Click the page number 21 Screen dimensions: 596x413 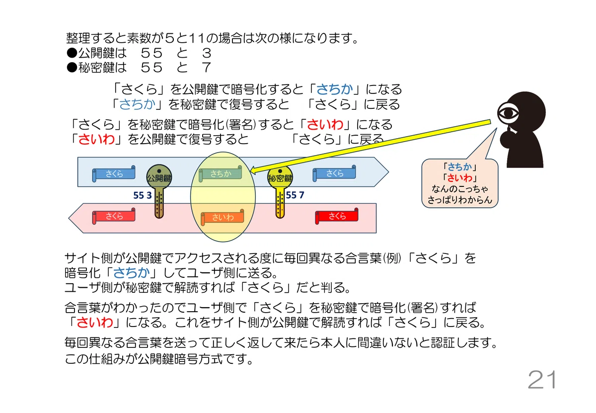(542, 380)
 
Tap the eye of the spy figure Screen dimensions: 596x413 (508, 113)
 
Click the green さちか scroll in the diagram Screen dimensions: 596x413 (221, 173)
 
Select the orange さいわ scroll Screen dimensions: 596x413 (223, 217)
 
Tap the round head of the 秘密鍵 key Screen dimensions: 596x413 (280, 177)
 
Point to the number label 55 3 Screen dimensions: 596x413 (143, 195)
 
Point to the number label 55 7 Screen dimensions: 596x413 (295, 195)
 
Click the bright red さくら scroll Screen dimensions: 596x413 (337, 216)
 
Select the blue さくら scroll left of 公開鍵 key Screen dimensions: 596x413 (114, 173)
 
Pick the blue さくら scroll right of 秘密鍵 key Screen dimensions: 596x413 (334, 173)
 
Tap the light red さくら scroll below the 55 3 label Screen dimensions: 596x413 (114, 216)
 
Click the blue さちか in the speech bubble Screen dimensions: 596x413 (459, 167)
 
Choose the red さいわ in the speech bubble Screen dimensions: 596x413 (459, 178)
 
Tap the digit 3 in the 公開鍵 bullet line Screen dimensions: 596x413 (207, 53)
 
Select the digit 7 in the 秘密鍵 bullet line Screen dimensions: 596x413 (207, 68)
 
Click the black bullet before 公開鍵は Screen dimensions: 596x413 (72, 53)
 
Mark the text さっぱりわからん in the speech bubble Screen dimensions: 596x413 (460, 200)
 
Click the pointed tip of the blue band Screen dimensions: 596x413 (388, 172)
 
